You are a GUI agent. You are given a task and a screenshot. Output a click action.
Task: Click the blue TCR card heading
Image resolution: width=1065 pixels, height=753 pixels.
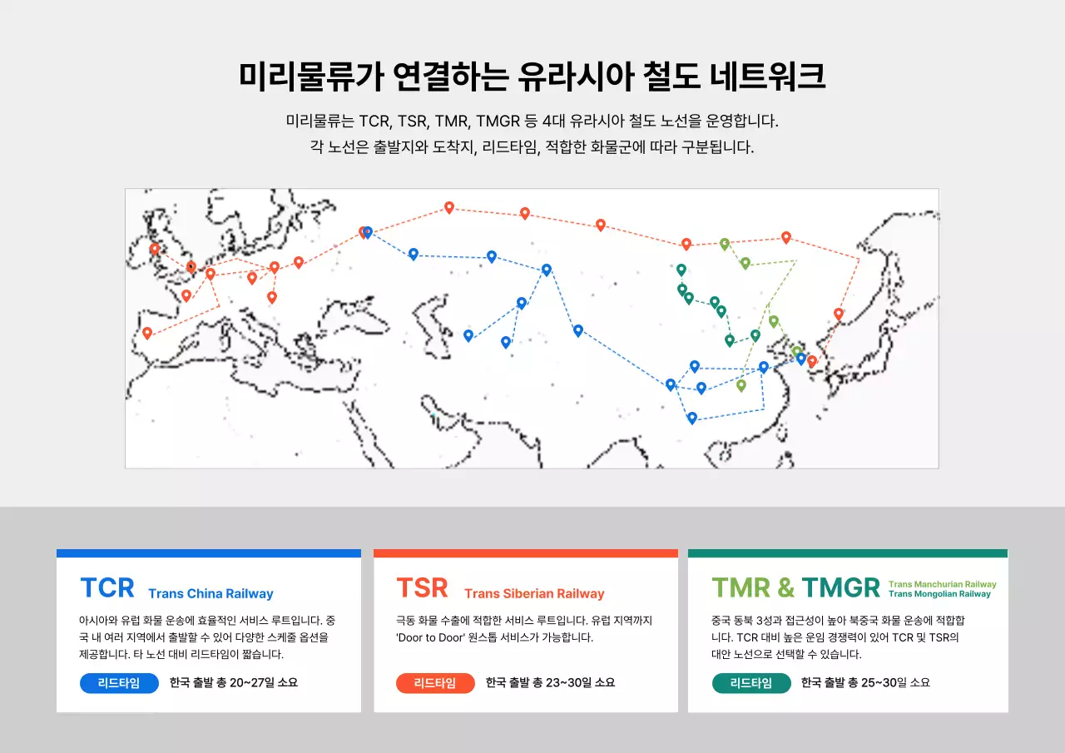tap(107, 588)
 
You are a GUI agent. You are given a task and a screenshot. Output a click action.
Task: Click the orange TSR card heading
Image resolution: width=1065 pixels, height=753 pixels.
tap(423, 588)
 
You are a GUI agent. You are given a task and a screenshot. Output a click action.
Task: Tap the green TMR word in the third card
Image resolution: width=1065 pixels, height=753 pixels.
tap(741, 588)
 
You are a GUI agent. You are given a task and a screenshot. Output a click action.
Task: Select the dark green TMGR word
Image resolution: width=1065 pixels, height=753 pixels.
tap(840, 588)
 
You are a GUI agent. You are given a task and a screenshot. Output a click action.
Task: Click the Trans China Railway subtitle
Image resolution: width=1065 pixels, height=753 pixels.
tap(211, 594)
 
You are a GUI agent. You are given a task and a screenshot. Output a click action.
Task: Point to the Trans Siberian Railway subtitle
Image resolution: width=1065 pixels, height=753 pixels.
tap(534, 594)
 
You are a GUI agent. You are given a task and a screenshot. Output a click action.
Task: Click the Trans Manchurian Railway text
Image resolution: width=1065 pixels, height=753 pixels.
tap(942, 584)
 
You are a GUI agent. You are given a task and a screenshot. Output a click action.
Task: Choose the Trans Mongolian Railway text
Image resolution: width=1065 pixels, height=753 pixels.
tap(939, 594)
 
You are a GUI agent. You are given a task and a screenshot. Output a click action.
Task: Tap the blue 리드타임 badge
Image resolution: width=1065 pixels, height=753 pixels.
tap(119, 683)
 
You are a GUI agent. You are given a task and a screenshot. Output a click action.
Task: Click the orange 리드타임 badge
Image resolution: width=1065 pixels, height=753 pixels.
tap(435, 683)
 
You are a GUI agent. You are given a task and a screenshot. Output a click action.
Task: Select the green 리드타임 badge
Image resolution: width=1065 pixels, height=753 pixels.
tap(751, 683)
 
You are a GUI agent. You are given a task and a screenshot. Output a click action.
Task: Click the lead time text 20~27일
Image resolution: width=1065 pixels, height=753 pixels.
tap(250, 683)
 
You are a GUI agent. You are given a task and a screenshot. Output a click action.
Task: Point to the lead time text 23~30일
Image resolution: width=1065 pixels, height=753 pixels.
tap(566, 683)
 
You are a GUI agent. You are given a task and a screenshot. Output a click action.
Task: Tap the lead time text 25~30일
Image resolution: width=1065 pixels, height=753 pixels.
tap(881, 683)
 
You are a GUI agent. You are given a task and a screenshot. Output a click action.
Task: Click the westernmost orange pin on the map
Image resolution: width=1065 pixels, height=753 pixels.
tap(147, 333)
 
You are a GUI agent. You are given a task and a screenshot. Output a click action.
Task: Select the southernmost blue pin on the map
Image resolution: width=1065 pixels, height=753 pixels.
tap(691, 418)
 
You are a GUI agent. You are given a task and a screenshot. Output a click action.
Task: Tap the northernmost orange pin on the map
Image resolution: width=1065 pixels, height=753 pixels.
tap(449, 207)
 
